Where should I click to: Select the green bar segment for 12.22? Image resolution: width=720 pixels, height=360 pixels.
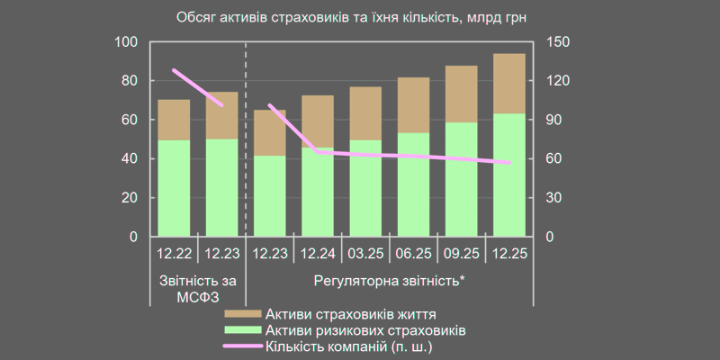(174, 188)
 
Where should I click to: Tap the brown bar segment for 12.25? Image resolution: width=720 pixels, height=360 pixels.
(509, 84)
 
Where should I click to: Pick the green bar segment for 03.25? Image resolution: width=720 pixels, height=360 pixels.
(364, 188)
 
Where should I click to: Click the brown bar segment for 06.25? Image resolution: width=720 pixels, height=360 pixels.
(413, 105)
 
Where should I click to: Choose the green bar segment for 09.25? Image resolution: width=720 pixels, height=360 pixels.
(462, 179)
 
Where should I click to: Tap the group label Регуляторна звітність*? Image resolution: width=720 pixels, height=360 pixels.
(390, 280)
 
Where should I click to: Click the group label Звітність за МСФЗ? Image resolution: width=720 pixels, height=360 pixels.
(198, 288)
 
